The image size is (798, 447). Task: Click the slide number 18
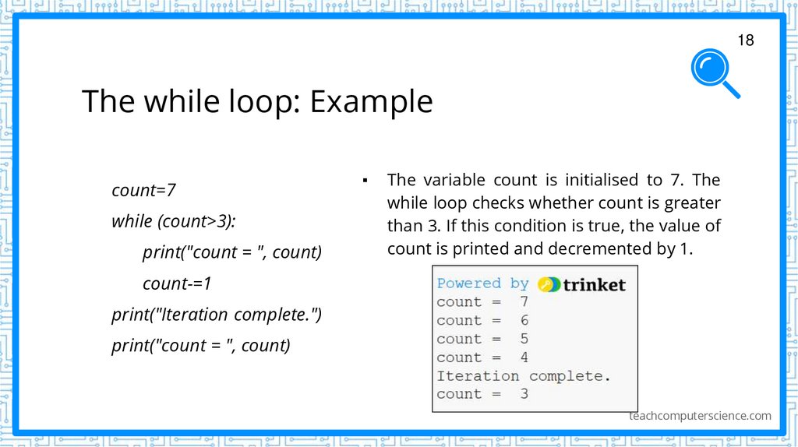click(746, 40)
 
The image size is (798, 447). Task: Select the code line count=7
click(144, 190)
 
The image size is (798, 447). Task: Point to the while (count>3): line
click(173, 221)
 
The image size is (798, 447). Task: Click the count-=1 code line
click(177, 283)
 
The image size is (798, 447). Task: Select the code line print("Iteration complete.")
click(217, 315)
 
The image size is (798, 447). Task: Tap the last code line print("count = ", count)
click(201, 346)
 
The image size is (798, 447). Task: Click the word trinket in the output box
click(594, 284)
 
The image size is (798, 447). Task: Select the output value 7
click(524, 302)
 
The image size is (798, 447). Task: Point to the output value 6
click(524, 320)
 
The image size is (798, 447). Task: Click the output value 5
click(524, 339)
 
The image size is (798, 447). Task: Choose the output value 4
click(524, 357)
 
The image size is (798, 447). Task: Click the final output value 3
click(524, 394)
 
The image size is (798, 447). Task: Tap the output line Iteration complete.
click(524, 376)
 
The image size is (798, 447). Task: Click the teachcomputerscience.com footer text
click(700, 416)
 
